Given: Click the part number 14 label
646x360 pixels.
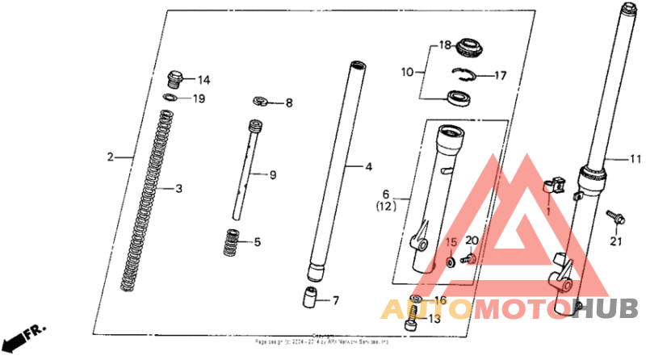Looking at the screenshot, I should [x=203, y=80].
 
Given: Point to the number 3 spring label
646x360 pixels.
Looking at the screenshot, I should [x=179, y=189].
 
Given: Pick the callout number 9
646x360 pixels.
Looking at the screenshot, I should [x=273, y=174].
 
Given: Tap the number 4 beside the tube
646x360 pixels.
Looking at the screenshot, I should [x=368, y=168].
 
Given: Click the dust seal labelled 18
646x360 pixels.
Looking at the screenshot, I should [x=468, y=48].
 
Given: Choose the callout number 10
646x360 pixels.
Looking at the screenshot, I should [x=408, y=72].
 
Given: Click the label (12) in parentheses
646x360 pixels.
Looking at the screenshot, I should [x=386, y=207].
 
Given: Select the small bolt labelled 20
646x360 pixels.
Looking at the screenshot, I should [x=468, y=260].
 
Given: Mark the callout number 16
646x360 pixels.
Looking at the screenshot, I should [x=439, y=300].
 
